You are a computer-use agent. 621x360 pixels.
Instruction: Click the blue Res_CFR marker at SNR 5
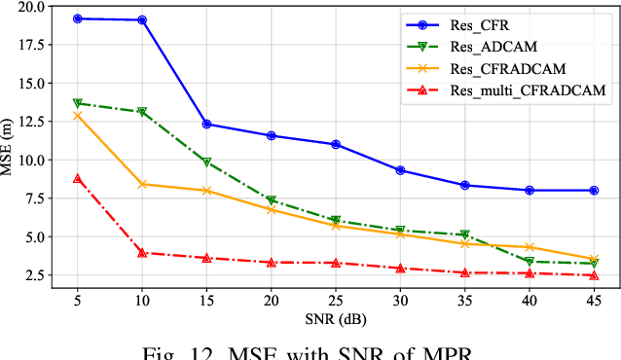coord(77,18)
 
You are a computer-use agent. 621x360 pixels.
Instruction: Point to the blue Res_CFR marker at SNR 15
coord(206,124)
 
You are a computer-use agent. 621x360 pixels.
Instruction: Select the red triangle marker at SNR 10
coord(142,253)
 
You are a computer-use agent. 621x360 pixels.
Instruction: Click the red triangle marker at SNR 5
coord(77,178)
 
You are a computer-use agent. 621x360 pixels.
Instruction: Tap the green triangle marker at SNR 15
coord(206,162)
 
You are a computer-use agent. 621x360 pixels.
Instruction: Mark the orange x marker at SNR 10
coord(142,184)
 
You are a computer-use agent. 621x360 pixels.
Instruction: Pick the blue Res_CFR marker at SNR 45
coord(594,191)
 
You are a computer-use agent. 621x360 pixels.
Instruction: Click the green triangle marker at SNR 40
coord(530,261)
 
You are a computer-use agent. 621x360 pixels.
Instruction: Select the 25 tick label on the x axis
coord(336,302)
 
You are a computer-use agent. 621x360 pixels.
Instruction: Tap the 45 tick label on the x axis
coord(594,302)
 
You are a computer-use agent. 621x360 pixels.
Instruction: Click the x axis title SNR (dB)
coord(335,320)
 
